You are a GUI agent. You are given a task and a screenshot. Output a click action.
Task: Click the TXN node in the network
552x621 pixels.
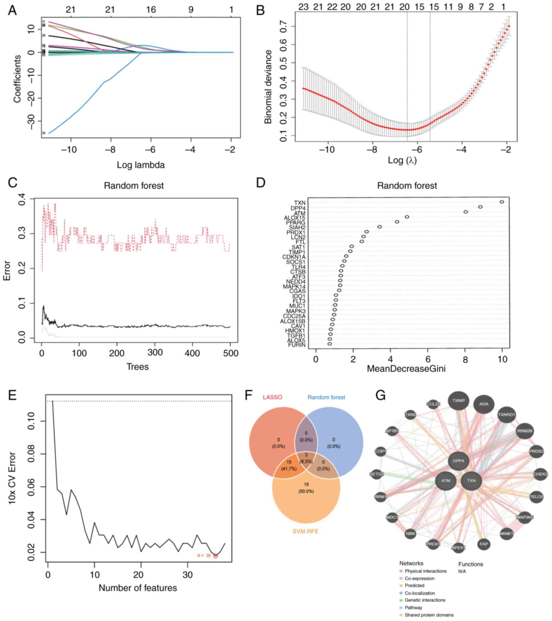(x=471, y=481)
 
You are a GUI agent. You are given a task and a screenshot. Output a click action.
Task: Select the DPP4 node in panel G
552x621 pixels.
(x=459, y=461)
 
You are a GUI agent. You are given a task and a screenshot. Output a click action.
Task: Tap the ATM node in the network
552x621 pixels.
(x=446, y=481)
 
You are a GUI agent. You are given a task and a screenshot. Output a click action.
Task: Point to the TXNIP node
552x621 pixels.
(x=459, y=400)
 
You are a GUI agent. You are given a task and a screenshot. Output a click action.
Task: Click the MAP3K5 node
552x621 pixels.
(x=525, y=517)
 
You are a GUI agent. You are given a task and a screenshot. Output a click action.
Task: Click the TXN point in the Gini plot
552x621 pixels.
(x=501, y=202)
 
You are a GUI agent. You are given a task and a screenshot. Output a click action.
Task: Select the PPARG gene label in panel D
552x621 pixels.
(x=296, y=223)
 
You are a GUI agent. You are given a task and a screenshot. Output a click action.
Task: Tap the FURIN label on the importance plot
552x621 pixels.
(x=297, y=345)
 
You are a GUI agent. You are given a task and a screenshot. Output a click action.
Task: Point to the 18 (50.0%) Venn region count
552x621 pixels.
(x=306, y=488)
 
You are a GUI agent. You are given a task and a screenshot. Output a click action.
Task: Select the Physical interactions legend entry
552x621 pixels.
(x=425, y=571)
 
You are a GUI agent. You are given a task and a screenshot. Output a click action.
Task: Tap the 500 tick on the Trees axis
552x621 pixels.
(x=230, y=353)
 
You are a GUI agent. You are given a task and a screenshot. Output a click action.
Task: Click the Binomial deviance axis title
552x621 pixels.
(x=268, y=87)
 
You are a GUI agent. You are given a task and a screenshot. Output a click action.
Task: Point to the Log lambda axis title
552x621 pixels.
(x=141, y=165)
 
